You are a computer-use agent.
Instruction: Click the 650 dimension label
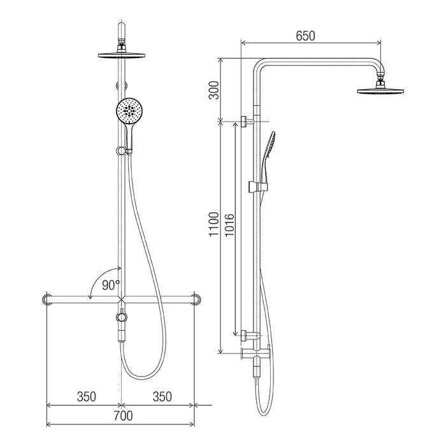(305, 36)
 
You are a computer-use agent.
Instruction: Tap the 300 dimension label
(214, 90)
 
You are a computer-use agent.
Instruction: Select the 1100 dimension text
(214, 224)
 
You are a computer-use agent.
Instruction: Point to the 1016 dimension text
(229, 225)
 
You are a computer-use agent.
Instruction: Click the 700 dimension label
(123, 415)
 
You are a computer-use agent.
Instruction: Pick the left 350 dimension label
(87, 396)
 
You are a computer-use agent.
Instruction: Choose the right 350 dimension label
(162, 396)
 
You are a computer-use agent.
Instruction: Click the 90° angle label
(111, 285)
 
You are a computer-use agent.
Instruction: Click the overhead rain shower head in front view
(122, 55)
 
